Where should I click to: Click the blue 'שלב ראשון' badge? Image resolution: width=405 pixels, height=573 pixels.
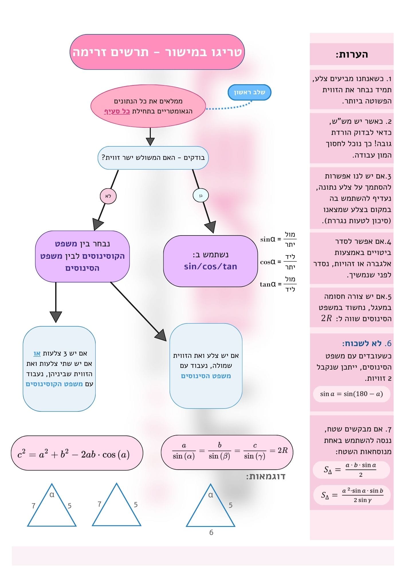(249, 92)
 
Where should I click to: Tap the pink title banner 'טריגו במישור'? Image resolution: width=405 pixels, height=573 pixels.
(157, 52)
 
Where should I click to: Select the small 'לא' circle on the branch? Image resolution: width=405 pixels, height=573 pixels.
(108, 196)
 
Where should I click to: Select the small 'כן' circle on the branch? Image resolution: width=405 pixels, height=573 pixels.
(200, 196)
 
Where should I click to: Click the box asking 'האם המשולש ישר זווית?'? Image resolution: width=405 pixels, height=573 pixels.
(153, 158)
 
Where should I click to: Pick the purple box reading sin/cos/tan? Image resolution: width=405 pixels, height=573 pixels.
(210, 261)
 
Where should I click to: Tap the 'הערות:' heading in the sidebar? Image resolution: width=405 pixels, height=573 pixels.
(352, 54)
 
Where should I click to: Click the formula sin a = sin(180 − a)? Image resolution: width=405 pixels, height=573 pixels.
(351, 394)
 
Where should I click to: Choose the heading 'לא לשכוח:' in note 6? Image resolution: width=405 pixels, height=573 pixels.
(362, 343)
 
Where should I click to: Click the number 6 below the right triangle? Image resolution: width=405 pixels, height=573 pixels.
(211, 532)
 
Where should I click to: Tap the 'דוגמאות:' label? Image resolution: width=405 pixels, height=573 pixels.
(266, 476)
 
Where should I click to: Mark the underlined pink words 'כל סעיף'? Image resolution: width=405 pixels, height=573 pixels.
(117, 111)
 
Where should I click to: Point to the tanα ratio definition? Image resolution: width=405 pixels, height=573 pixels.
(278, 284)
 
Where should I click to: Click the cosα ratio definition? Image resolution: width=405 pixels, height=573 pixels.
(278, 262)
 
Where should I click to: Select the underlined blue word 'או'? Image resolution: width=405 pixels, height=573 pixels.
(37, 353)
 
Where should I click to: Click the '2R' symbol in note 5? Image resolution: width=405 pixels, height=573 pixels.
(326, 318)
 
